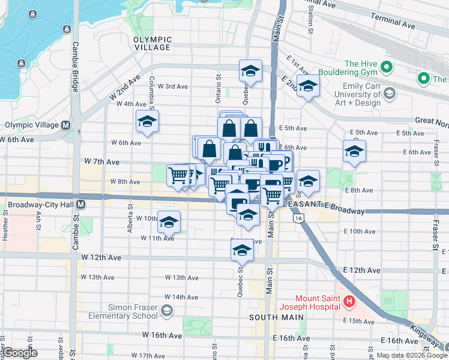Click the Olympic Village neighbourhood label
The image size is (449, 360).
152,43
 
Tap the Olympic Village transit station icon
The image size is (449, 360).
65,125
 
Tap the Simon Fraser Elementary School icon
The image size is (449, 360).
166,311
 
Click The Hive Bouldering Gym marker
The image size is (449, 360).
387,67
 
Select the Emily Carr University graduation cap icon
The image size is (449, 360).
390,93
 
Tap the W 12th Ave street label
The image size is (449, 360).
101,257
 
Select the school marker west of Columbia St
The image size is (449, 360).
147,122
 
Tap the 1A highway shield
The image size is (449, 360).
298,218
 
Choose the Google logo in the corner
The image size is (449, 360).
20,353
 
